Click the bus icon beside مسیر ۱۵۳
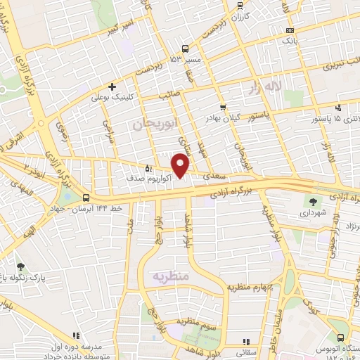point(185,49)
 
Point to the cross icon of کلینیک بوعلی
point(112,86)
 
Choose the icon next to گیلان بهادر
point(223,108)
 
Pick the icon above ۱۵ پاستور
point(339,108)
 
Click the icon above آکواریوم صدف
point(148,168)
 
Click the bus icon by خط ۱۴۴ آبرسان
point(85,198)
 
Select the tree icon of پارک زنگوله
point(20,266)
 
